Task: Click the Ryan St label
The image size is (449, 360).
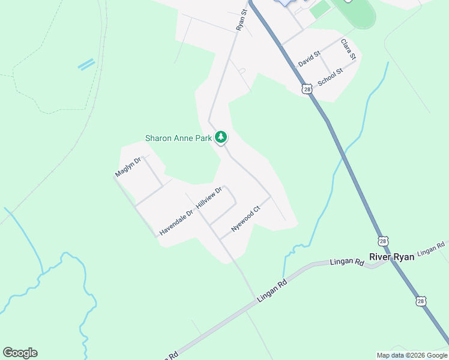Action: click(x=242, y=19)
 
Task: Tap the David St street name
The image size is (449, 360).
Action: click(x=309, y=59)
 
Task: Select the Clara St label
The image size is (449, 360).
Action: click(x=348, y=49)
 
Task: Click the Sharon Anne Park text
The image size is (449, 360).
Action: click(x=179, y=138)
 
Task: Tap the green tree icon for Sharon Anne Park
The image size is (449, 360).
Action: click(x=221, y=137)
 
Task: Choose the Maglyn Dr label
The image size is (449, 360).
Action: click(x=127, y=167)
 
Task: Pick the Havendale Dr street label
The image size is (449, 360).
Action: click(x=176, y=222)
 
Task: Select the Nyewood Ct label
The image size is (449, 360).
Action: click(x=246, y=220)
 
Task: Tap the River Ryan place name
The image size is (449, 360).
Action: click(x=391, y=257)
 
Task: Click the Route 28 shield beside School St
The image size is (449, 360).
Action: click(x=307, y=89)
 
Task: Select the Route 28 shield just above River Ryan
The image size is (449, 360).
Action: click(x=383, y=241)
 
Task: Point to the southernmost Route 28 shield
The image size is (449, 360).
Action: click(x=421, y=301)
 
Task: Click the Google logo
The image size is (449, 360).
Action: click(x=20, y=353)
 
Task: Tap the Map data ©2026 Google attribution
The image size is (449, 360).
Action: click(x=412, y=355)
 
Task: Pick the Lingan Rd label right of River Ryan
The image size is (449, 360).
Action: click(x=431, y=248)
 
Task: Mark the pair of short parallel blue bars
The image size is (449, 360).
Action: click(x=86, y=64)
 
